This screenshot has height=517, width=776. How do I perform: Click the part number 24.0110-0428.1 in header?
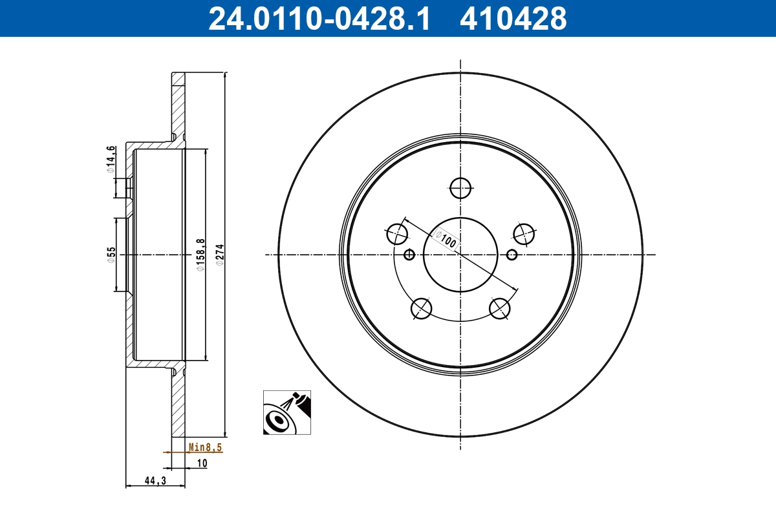(x=319, y=19)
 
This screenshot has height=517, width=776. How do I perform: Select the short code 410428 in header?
(x=513, y=19)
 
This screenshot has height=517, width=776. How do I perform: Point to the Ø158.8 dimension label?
(x=200, y=255)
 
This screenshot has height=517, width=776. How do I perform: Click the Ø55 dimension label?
(x=111, y=254)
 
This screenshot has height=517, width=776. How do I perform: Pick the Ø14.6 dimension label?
(x=111, y=159)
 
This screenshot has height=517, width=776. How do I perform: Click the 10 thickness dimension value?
(x=202, y=463)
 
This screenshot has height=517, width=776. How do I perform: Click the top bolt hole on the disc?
(x=460, y=187)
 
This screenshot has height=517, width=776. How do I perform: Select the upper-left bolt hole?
(x=398, y=233)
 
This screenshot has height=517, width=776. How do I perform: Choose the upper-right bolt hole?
(x=523, y=233)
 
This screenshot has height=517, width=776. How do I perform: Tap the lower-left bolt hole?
(x=422, y=308)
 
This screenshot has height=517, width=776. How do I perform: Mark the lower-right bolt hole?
(x=500, y=308)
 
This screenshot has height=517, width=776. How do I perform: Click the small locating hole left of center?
(x=409, y=255)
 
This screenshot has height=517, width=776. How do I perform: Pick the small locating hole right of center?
(x=512, y=255)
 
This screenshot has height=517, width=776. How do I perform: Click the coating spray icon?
(x=286, y=412)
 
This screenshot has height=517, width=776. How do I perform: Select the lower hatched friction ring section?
(x=178, y=404)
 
